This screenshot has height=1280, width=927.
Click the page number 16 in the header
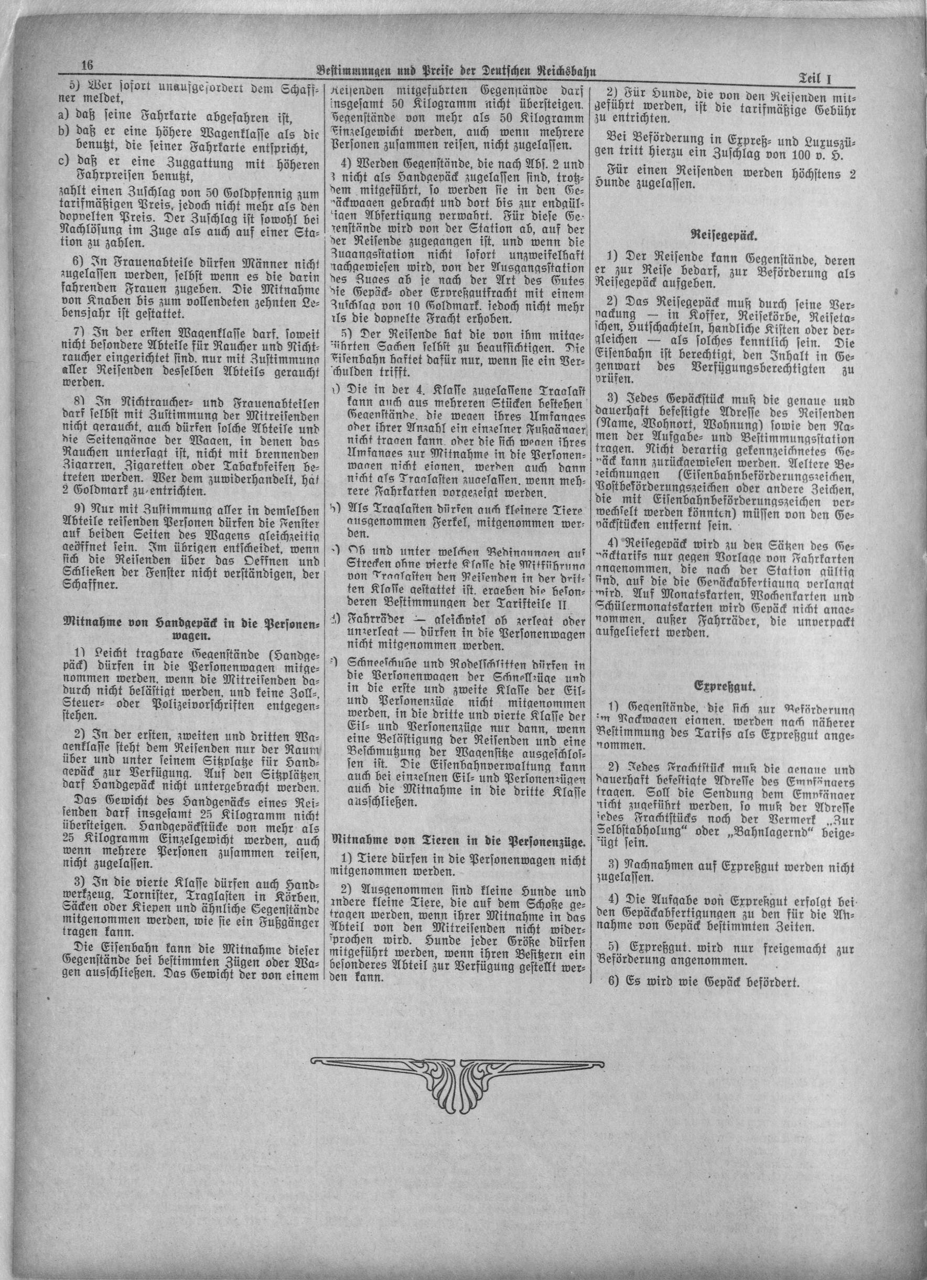(x=87, y=64)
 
